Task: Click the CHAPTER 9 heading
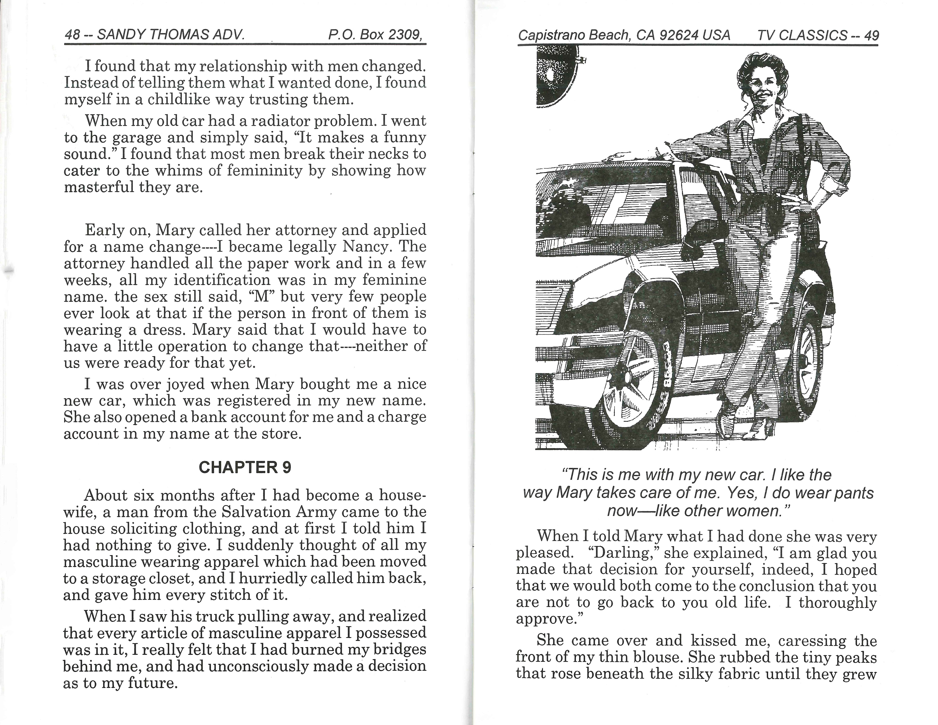point(245,467)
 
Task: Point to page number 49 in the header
point(871,35)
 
